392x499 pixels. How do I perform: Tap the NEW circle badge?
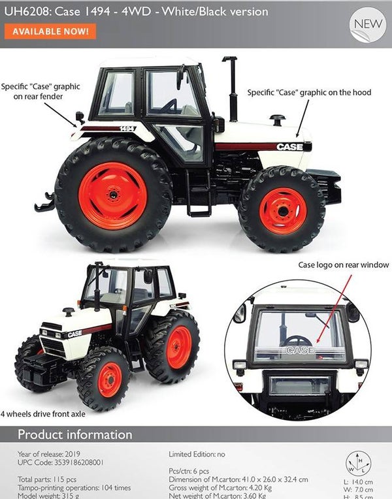tap(368, 25)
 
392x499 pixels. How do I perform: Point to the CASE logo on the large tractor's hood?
tap(289, 147)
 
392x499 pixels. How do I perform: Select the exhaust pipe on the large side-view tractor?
tap(231, 82)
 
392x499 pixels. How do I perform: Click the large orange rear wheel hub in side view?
tap(113, 195)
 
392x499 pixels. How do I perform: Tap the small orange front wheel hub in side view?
tap(282, 210)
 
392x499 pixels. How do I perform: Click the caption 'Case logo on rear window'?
tap(343, 265)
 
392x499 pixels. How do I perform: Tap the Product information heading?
tap(74, 434)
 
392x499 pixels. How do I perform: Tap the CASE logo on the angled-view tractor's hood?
tap(74, 334)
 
